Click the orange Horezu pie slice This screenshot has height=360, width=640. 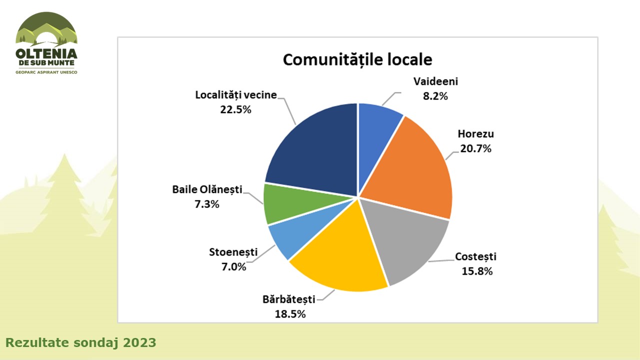tap(415, 165)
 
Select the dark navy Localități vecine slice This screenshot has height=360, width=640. tap(315, 150)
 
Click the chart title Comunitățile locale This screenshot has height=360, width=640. tap(357, 59)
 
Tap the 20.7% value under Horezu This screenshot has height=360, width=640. tap(475, 148)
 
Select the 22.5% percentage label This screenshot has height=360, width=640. tap(235, 109)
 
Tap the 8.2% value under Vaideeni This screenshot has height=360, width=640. tap(435, 96)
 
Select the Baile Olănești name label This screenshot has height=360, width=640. tap(207, 189)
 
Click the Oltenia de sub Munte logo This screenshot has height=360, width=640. tap(46, 43)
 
